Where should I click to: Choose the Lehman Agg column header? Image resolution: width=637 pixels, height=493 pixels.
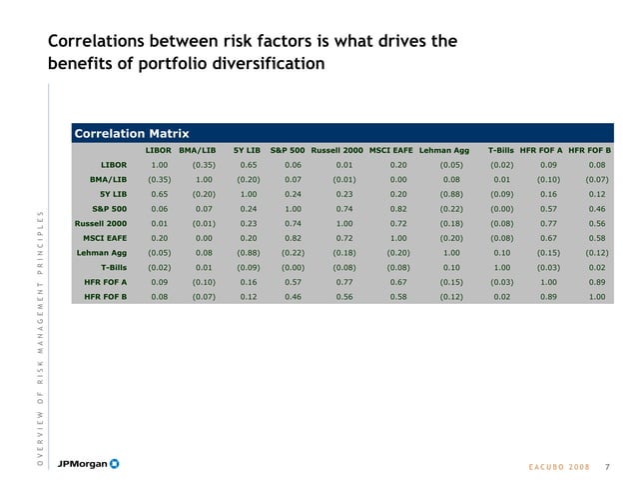coord(444,150)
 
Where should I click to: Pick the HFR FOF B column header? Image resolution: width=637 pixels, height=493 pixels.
coord(588,150)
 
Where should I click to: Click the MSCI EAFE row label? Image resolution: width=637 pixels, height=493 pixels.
coord(104,238)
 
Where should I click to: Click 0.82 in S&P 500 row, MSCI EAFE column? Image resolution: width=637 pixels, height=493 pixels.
coord(397,209)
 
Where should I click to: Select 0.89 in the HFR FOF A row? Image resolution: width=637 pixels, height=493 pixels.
coord(597,282)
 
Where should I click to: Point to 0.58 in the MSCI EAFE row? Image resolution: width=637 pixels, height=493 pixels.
coord(597,238)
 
